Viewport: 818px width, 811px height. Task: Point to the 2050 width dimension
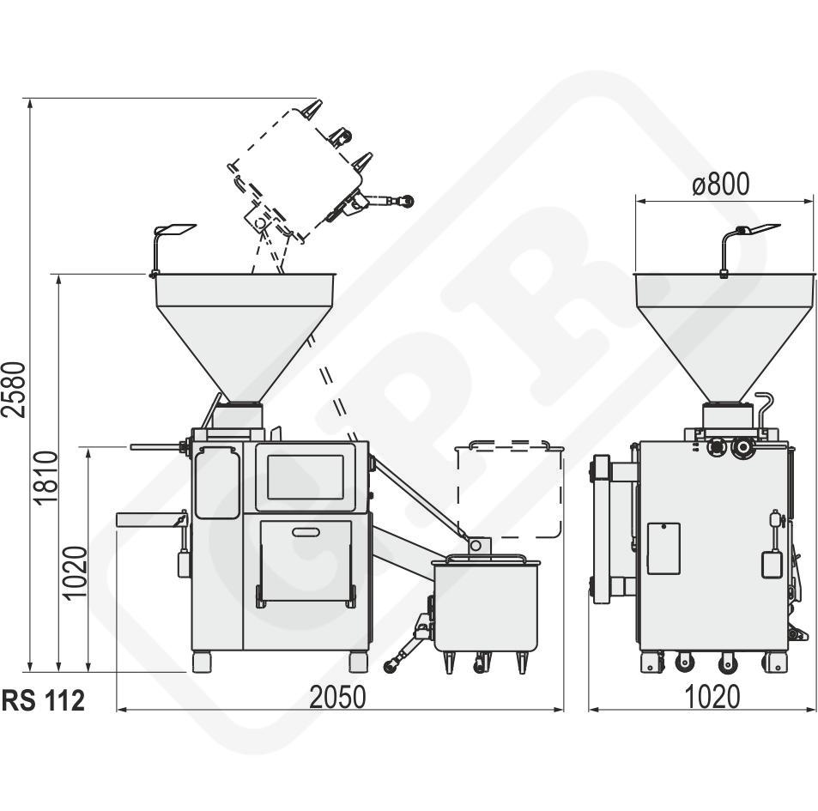338,697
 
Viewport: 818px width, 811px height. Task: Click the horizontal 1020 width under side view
712,697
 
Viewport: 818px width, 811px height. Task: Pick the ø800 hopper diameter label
721,184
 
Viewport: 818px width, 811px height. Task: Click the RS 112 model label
43,700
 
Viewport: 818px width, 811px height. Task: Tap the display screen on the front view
306,476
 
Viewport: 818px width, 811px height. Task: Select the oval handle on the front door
306,532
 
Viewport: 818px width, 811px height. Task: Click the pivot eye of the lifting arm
475,546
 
